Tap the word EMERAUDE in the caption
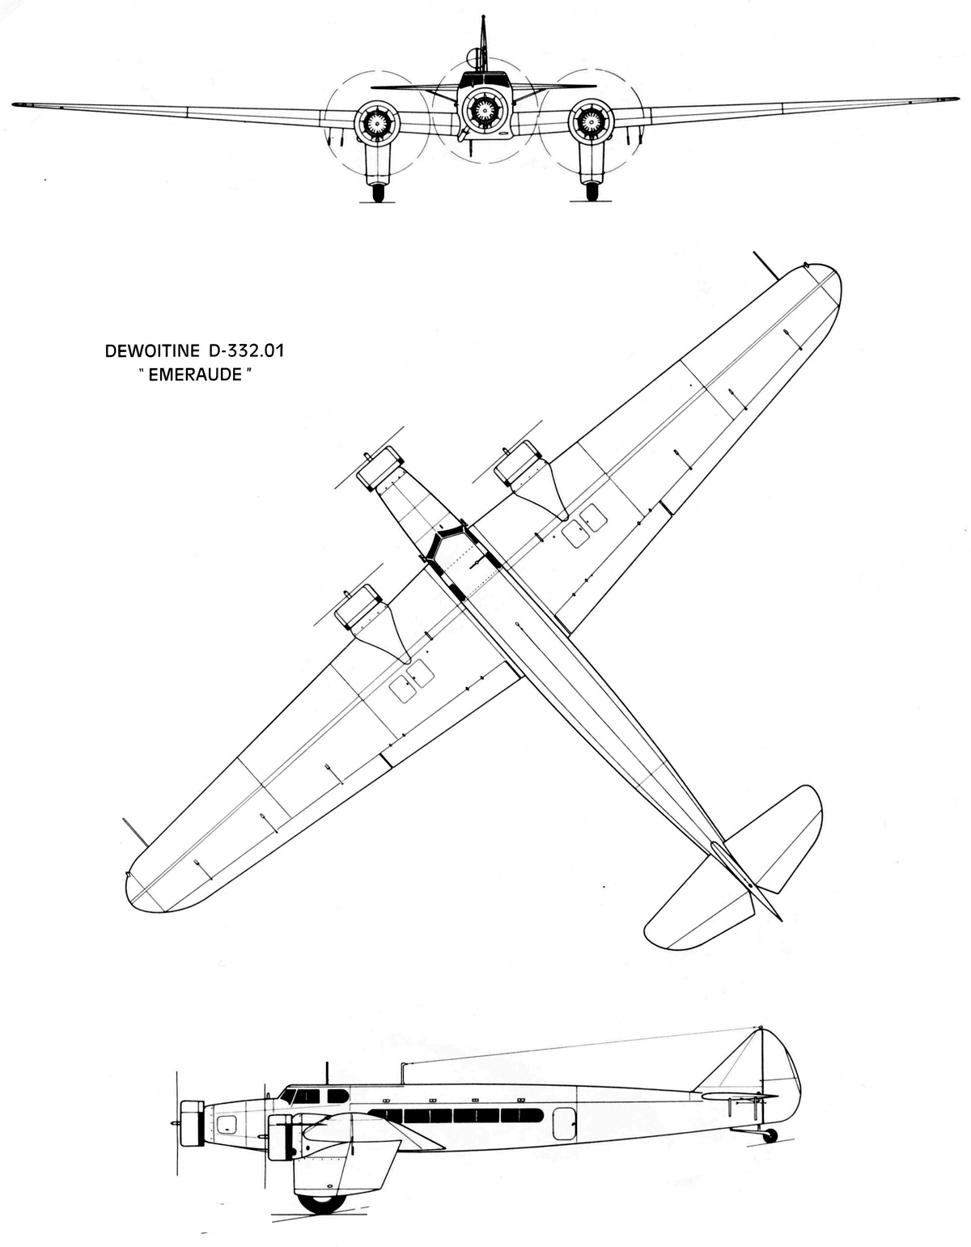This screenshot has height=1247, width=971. pyautogui.click(x=194, y=375)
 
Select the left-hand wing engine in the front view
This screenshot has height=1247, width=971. pyautogui.click(x=375, y=121)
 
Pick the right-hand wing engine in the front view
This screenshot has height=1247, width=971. pyautogui.click(x=590, y=121)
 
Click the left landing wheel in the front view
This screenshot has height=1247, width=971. pyautogui.click(x=378, y=193)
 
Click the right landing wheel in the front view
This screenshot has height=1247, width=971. pyautogui.click(x=592, y=193)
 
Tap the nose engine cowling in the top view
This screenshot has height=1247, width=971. pyautogui.click(x=379, y=468)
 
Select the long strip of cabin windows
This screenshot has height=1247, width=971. pyautogui.click(x=456, y=1115)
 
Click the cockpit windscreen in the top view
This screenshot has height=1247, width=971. pyautogui.click(x=449, y=541)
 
